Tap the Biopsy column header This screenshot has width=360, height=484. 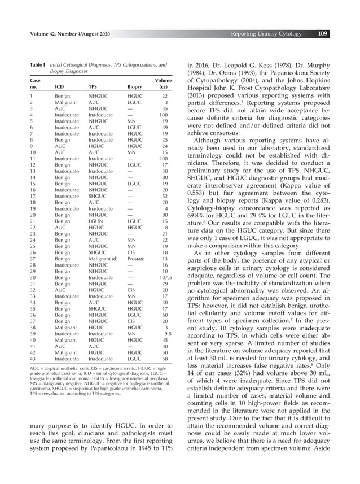coord(135,88)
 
